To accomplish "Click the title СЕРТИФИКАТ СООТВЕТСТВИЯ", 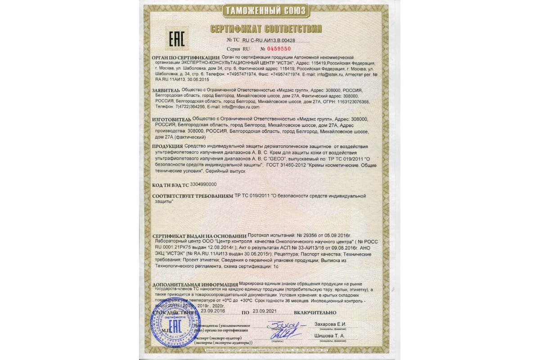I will coord(266,29).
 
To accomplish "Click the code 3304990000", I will coord(204,184).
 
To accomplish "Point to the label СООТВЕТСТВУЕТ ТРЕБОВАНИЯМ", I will coord(193,197).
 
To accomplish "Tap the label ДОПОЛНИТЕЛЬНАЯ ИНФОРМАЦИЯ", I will coord(195,285).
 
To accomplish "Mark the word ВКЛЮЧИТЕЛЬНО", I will coord(315,312).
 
